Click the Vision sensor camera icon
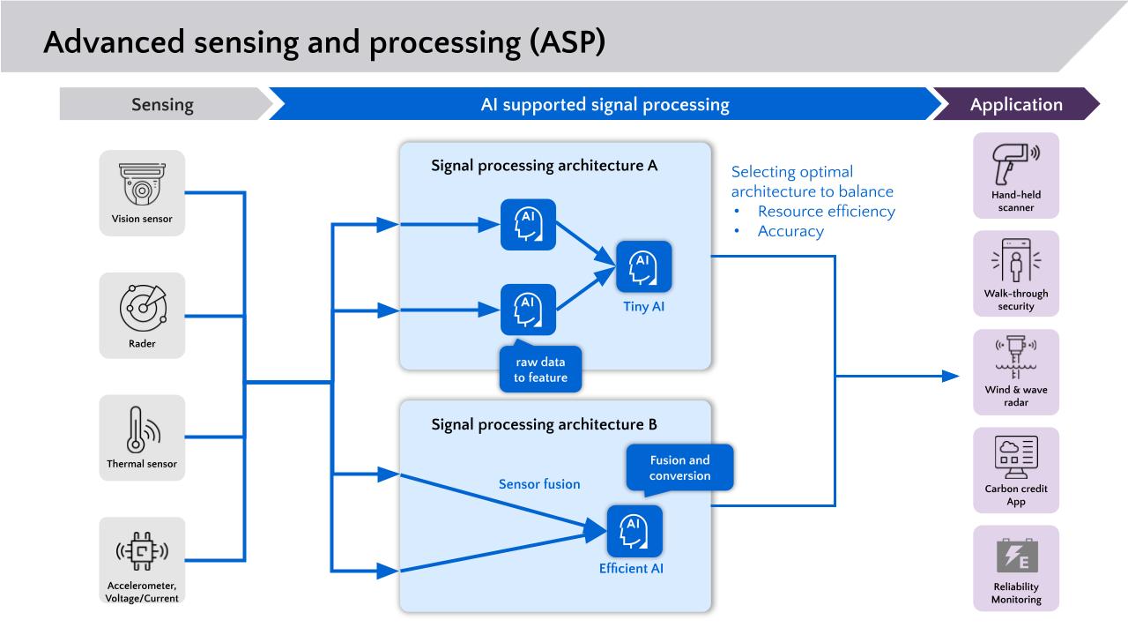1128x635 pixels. (x=142, y=183)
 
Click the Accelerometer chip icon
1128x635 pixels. (x=142, y=552)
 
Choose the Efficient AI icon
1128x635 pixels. (x=634, y=531)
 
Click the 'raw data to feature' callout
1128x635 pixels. (x=540, y=369)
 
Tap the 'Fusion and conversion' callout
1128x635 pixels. (x=679, y=467)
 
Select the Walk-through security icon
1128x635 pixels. (x=1015, y=262)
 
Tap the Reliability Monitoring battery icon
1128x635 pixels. (x=1015, y=556)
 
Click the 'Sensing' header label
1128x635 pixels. (x=162, y=104)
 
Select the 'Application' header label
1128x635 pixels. (x=1016, y=104)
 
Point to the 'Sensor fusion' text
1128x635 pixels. (x=539, y=484)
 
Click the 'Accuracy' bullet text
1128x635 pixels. (x=790, y=231)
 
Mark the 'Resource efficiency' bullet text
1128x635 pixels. (x=826, y=211)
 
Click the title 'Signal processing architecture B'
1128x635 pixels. (x=544, y=424)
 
